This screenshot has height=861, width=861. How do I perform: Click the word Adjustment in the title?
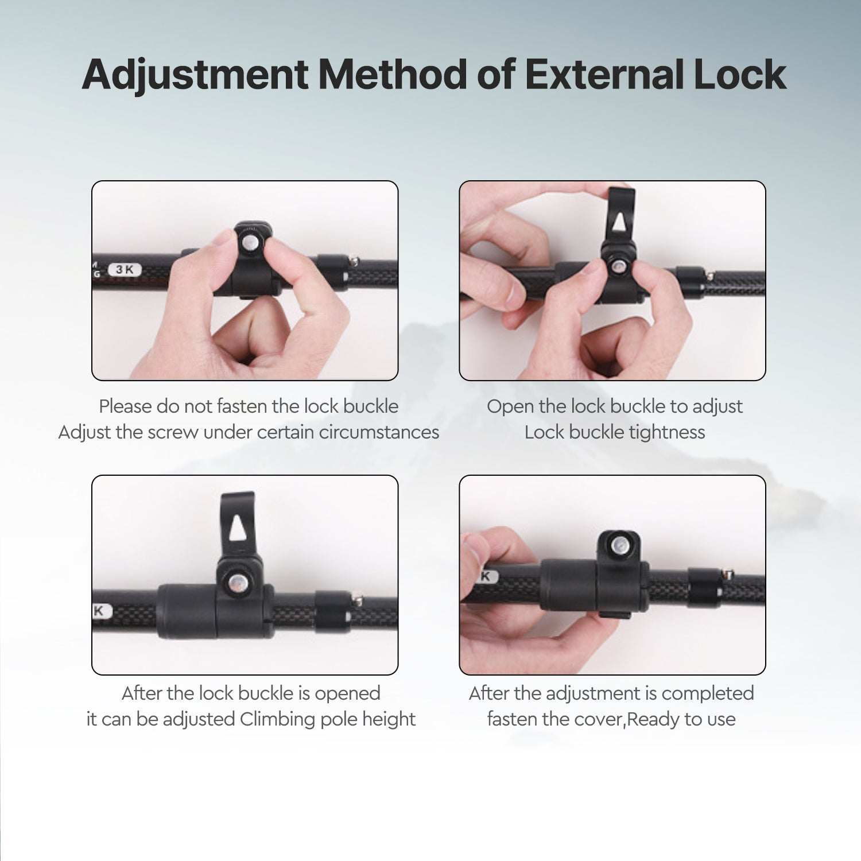click(195, 75)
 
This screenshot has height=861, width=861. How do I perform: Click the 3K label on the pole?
click(125, 269)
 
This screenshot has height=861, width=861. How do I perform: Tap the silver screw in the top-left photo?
click(250, 242)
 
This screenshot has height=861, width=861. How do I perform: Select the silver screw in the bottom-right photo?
click(619, 545)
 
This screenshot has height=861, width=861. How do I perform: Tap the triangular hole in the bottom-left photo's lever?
click(237, 528)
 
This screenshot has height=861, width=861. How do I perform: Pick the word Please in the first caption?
click(125, 406)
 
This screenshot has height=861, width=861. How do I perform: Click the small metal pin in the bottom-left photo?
click(357, 599)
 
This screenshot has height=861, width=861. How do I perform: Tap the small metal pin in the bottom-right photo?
click(727, 573)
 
